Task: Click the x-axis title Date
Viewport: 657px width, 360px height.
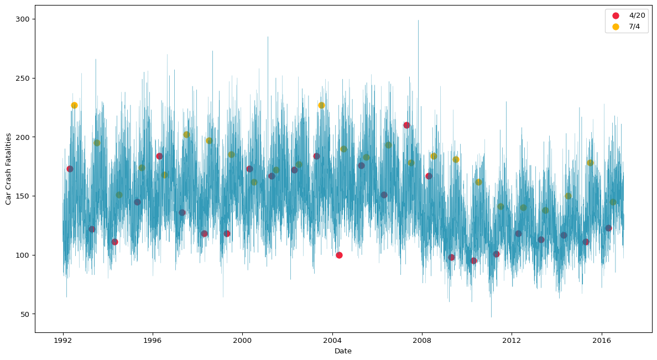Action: (343, 351)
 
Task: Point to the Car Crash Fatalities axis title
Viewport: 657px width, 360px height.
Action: (8, 169)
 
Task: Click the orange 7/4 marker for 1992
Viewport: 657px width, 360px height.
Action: (74, 105)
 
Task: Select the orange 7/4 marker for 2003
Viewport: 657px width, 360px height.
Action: (321, 105)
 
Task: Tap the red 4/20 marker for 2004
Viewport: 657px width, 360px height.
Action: (339, 255)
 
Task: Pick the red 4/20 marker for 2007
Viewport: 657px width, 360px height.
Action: (406, 125)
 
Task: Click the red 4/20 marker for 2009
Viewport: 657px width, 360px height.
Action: (451, 257)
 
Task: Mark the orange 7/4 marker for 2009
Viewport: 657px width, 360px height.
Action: (456, 159)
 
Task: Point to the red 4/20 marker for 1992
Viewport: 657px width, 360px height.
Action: (70, 169)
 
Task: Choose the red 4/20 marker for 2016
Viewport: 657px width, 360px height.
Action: (608, 228)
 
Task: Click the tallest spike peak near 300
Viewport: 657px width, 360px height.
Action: (418, 21)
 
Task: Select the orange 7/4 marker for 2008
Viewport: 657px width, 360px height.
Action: (434, 156)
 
